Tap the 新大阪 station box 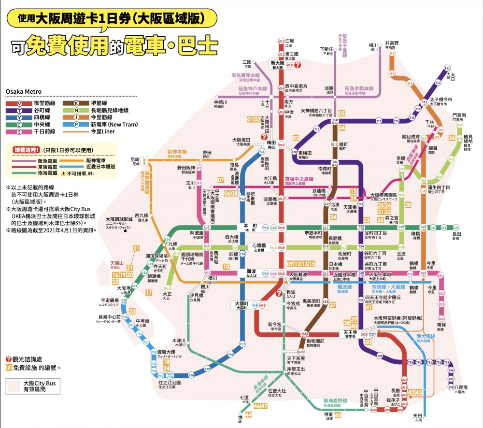pyautogui.click(x=277, y=64)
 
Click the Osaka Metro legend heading pyautogui.click(x=24, y=91)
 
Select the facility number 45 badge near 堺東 pyautogui.click(x=338, y=414)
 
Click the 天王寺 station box pyautogui.click(x=349, y=334)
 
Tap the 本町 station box pyautogui.click(x=249, y=228)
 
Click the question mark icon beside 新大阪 pyautogui.click(x=298, y=64)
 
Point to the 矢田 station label pyautogui.click(x=418, y=414)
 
